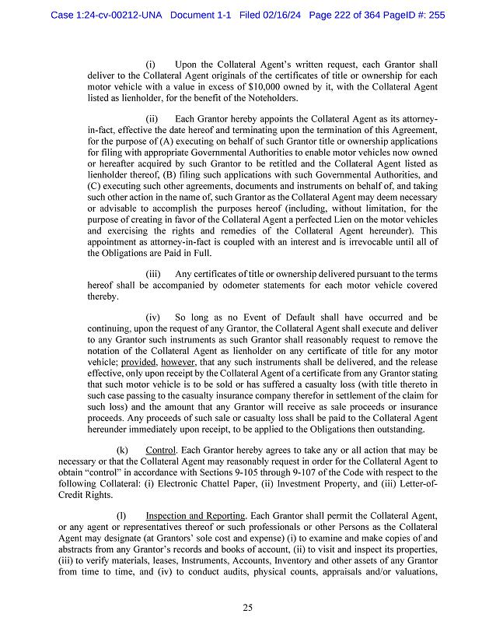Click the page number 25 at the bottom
(x=247, y=608)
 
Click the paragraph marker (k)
(x=122, y=451)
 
